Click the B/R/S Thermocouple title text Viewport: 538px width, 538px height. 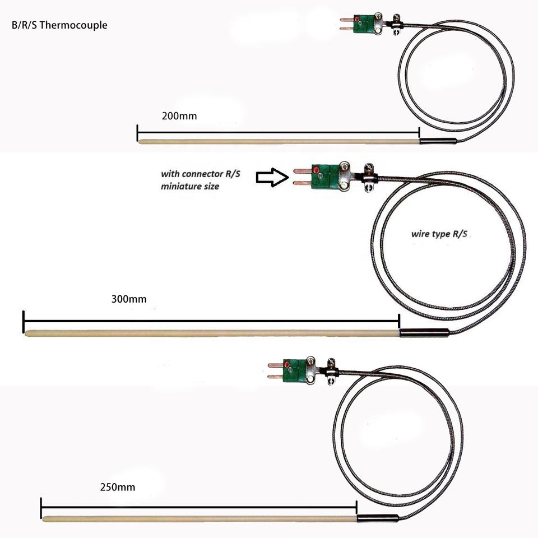59,25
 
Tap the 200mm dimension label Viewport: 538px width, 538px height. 179,116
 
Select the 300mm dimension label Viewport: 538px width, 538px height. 129,299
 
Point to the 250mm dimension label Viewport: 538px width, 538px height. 117,487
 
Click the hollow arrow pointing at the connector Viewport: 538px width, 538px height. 272,178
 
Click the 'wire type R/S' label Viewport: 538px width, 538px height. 439,234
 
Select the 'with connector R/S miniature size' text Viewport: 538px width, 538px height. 201,180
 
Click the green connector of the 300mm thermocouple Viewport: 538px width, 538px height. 325,177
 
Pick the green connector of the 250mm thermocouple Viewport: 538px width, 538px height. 294,371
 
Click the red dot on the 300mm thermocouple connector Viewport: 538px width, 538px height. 316,170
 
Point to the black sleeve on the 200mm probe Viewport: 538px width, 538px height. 438,141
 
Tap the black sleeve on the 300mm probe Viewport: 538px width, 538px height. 424,332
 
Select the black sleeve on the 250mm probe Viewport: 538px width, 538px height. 378,518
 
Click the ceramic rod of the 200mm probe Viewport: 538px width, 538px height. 279,141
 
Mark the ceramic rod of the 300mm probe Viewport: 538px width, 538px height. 212,333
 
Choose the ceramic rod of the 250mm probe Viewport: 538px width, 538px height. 200,519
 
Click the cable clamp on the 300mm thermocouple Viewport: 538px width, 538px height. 369,178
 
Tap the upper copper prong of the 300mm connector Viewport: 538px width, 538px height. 302,171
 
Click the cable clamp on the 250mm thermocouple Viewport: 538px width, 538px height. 331,372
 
